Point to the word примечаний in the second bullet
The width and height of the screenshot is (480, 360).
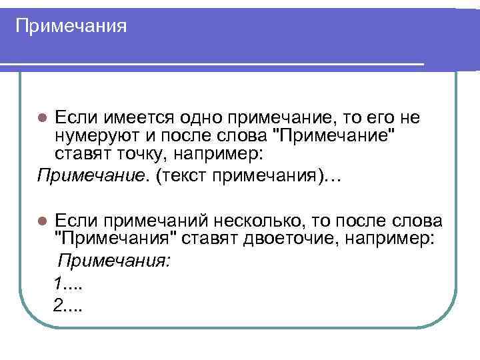tap(151, 221)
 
